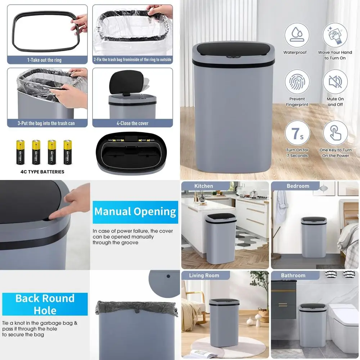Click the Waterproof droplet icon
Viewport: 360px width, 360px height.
pyautogui.click(x=297, y=35)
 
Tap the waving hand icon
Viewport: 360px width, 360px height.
pyautogui.click(x=335, y=35)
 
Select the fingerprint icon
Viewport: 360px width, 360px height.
pyautogui.click(x=297, y=82)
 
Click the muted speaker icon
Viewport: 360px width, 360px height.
pyautogui.click(x=335, y=82)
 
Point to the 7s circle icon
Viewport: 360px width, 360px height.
pyautogui.click(x=297, y=133)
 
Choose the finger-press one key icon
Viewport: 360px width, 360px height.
pyautogui.click(x=335, y=133)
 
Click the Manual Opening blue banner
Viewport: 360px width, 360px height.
pyautogui.click(x=135, y=212)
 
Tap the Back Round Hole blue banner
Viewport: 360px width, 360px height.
pyautogui.click(x=45, y=304)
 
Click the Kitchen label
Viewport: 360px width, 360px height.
pyautogui.click(x=204, y=186)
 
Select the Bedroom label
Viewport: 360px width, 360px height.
pyautogui.click(x=298, y=186)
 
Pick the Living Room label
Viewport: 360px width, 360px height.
pyautogui.click(x=204, y=275)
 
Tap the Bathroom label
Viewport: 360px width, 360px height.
pyautogui.click(x=293, y=275)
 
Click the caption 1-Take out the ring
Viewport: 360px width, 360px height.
pyautogui.click(x=44, y=60)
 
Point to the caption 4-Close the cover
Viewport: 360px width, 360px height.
pyautogui.click(x=132, y=123)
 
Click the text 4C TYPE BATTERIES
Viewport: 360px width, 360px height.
pyautogui.click(x=42, y=172)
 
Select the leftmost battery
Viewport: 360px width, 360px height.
pyautogui.click(x=20, y=152)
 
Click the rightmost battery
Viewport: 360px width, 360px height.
pyautogui.click(x=68, y=152)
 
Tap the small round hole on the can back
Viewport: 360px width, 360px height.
pyautogui.click(x=168, y=276)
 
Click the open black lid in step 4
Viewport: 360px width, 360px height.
pyautogui.click(x=126, y=82)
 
